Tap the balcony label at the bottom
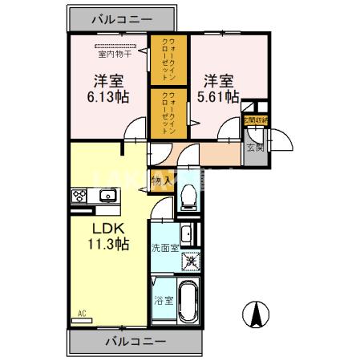(135, 343)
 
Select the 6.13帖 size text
(109, 96)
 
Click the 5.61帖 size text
(219, 96)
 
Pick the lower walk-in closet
(169, 112)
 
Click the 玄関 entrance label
(255, 147)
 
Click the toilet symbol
(189, 195)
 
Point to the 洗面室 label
(164, 248)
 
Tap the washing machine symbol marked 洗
(191, 260)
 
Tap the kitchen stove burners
(80, 195)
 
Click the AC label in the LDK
(81, 313)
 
